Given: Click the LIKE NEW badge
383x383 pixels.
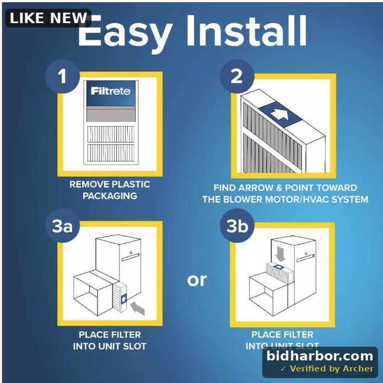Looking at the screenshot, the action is [48, 18].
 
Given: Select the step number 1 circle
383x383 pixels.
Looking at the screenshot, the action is [63, 76].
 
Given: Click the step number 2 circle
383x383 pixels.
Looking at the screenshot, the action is [237, 76].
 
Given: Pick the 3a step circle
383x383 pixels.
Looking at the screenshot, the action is [63, 226].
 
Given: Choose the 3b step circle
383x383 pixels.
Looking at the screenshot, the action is [237, 226].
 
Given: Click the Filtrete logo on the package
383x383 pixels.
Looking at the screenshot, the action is [111, 91].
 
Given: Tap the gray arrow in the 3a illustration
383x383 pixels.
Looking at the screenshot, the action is [137, 308].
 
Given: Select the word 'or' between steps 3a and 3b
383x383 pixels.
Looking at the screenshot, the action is [197, 280].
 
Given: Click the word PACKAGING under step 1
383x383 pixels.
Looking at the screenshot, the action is [110, 196].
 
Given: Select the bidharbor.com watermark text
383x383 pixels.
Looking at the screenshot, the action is [320, 355].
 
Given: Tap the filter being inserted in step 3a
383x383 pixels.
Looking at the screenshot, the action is [120, 298].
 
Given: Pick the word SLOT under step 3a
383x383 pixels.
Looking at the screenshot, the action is [134, 346].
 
